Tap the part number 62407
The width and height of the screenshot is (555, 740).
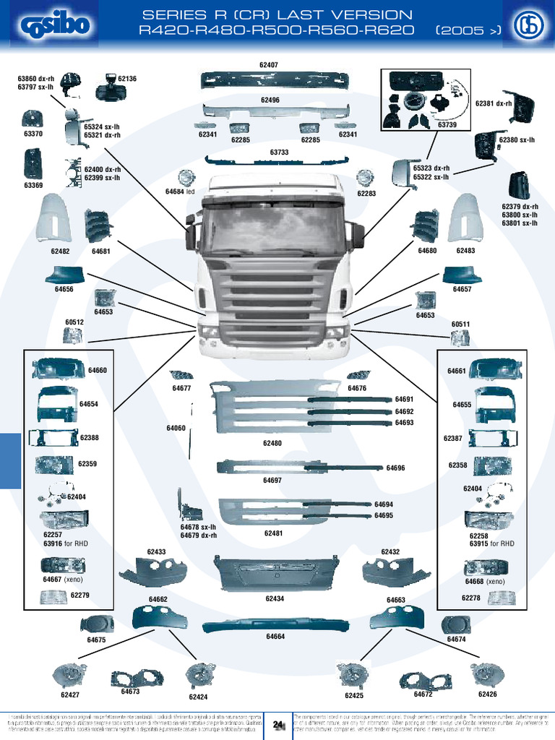[x=269, y=65]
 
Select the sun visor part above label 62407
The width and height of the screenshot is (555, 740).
[x=275, y=80]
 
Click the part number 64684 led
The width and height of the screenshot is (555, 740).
[x=181, y=192]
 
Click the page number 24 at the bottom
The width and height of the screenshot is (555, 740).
[x=277, y=724]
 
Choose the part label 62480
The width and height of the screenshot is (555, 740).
[x=272, y=443]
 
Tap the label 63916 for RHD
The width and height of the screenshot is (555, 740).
[x=66, y=543]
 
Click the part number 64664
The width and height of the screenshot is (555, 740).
[x=275, y=637]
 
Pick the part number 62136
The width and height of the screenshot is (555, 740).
[x=127, y=79]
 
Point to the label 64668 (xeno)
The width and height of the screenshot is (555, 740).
[x=485, y=581]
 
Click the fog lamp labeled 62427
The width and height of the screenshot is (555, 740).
[x=69, y=675]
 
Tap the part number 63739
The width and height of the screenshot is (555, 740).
[x=447, y=125]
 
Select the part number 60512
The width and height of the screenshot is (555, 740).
[x=74, y=322]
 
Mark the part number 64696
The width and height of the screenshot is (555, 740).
[x=395, y=468]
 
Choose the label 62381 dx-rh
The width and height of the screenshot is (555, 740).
[x=494, y=103]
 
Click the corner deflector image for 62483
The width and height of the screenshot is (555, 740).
[x=465, y=218]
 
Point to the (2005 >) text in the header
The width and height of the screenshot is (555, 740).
[x=469, y=30]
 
